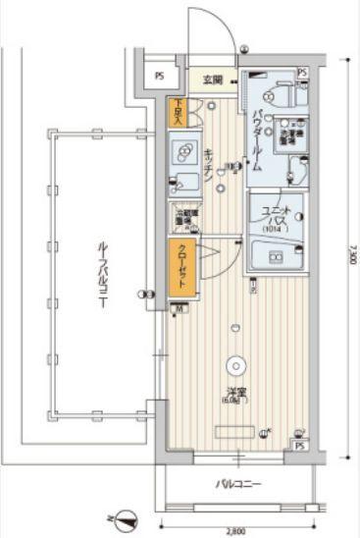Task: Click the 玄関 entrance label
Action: (214, 81)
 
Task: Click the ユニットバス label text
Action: (274, 217)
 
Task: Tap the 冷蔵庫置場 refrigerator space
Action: (182, 218)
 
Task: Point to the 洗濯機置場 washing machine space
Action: (293, 137)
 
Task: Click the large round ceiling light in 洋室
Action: (236, 365)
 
